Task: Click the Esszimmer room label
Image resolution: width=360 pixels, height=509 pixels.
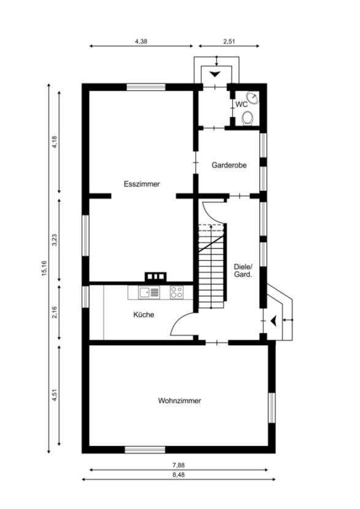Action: coord(142,184)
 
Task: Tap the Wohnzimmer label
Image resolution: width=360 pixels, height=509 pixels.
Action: coord(180,400)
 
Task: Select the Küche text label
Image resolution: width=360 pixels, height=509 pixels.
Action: coord(144,315)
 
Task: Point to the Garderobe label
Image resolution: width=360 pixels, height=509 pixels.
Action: coord(229,165)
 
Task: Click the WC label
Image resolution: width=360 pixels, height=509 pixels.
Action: coord(242,104)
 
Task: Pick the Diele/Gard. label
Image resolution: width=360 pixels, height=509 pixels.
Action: coord(243,270)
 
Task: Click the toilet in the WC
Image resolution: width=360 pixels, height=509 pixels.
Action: coord(248,118)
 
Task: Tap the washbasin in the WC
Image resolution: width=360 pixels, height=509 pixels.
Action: coord(252,98)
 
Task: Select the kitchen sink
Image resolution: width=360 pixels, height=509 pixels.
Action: coord(149,293)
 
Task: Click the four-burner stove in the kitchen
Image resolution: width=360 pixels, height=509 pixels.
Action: coord(177,293)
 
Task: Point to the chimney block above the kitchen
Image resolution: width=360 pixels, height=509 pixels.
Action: coord(156,277)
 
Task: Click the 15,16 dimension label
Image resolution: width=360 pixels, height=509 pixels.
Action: coord(44,268)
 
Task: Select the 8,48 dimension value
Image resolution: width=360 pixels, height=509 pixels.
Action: coord(178,474)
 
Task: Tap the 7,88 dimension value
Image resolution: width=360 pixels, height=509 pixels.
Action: coord(178,465)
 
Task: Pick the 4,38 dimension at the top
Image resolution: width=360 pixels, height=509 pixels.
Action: coord(141,41)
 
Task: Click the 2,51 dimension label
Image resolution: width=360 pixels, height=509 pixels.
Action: coord(229,41)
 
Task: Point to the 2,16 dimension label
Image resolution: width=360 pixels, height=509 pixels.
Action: coord(54,312)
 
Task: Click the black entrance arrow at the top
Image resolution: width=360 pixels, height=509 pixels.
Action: coord(215,74)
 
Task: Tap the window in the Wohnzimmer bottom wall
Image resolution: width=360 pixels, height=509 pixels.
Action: coord(145,450)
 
